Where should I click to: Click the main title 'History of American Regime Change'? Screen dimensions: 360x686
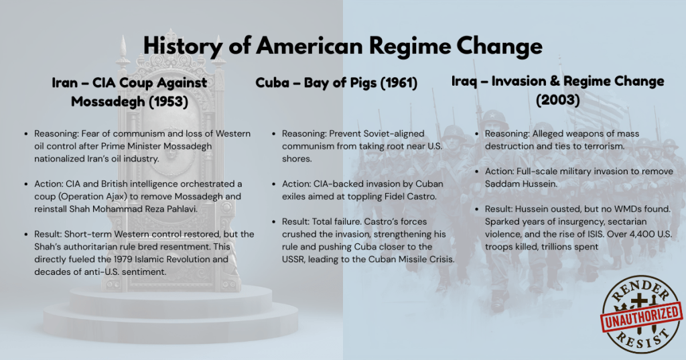coord(342,46)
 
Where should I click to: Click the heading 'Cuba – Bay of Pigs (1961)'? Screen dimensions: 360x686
coord(336,83)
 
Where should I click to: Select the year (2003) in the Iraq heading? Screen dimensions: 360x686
coord(557,100)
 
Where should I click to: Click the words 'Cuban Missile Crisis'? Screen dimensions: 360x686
coord(411,259)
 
